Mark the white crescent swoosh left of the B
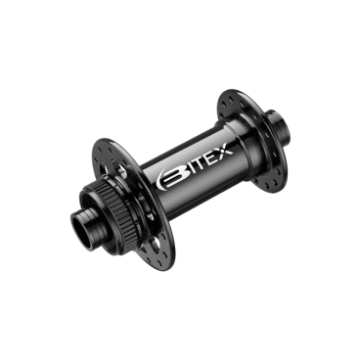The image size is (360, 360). click(x=159, y=180)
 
